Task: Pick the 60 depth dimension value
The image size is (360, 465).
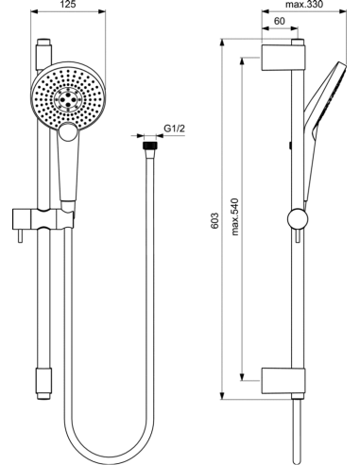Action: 281,21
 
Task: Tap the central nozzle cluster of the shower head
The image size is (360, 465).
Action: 70,97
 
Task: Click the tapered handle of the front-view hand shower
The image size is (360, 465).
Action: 70,170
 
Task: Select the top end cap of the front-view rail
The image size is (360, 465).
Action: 43,44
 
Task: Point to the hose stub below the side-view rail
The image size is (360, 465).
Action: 299,430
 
